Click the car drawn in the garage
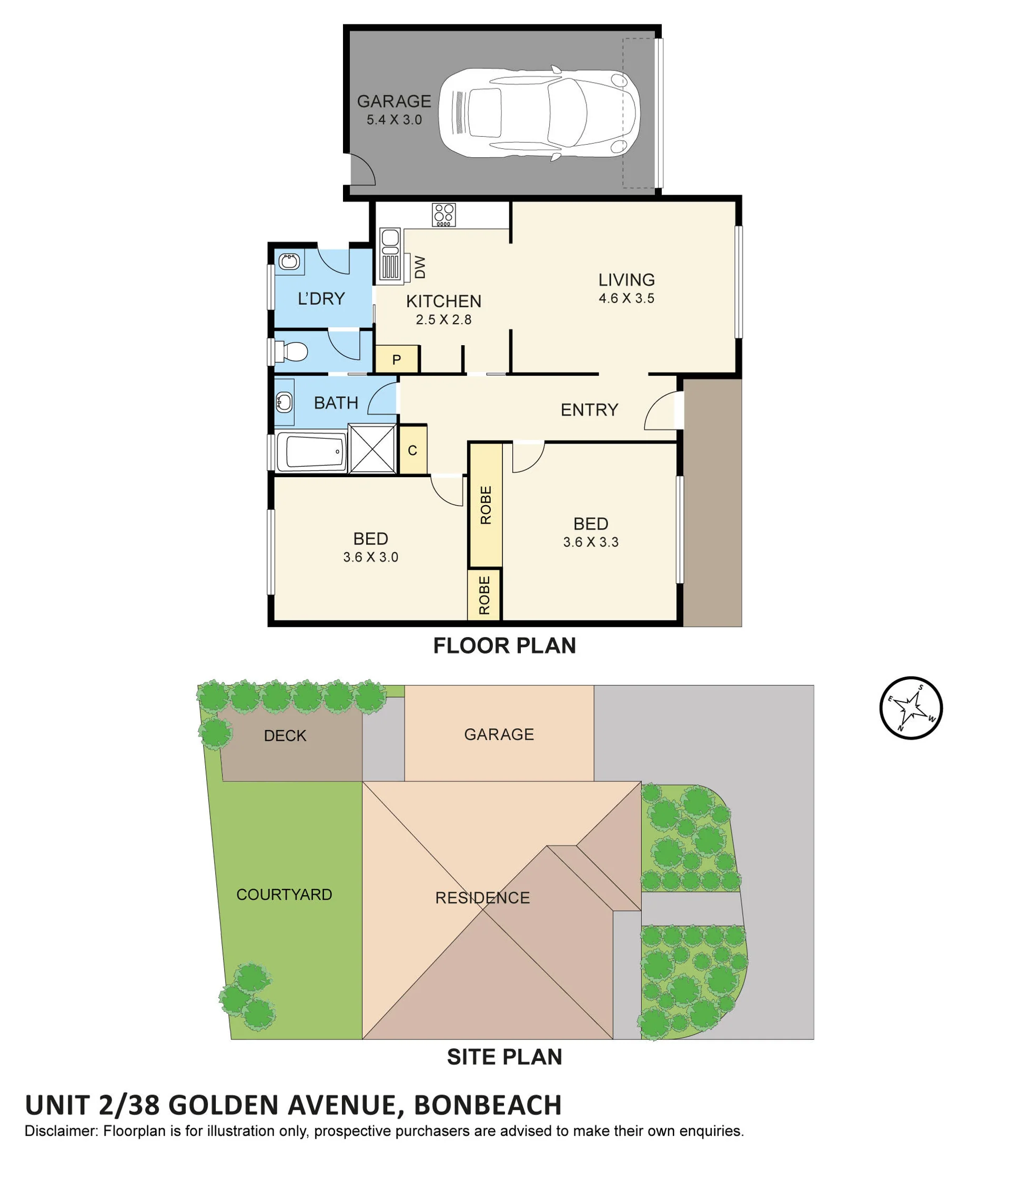click(539, 113)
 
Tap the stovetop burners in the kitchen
click(443, 215)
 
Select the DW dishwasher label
click(420, 267)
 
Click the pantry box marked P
click(397, 360)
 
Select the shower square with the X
click(372, 449)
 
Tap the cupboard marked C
click(412, 450)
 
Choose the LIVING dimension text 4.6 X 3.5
click(627, 298)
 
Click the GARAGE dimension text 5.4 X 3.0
click(395, 120)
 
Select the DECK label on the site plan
click(285, 736)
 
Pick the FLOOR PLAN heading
click(504, 646)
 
